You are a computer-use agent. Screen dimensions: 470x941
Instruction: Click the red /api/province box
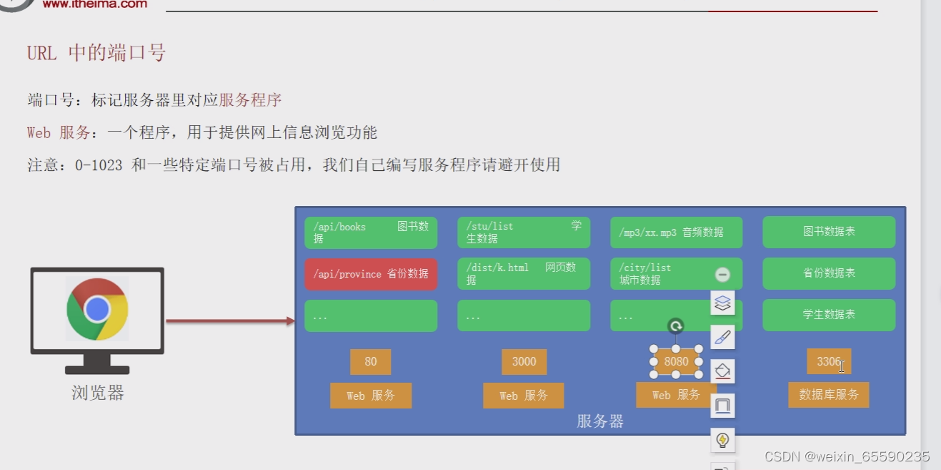click(370, 274)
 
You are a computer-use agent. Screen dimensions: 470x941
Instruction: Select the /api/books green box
click(370, 232)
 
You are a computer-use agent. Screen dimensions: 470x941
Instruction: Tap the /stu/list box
click(523, 232)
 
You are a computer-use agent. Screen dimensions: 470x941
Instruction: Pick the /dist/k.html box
click(523, 274)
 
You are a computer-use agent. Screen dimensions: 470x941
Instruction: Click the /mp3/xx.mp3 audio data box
click(676, 232)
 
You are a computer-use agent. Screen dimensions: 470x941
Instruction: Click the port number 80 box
click(370, 362)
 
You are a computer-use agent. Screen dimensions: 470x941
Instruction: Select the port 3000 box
click(524, 362)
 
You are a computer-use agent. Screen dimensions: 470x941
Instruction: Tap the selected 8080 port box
click(676, 362)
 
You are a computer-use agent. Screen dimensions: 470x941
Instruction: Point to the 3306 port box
click(828, 362)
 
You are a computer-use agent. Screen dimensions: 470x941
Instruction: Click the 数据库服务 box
click(828, 395)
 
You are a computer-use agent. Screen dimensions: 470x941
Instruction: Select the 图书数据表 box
click(828, 232)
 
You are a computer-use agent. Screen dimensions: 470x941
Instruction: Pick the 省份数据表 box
click(828, 274)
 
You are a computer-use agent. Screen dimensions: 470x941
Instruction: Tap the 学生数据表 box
click(828, 315)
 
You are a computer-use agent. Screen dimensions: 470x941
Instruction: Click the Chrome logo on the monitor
click(97, 309)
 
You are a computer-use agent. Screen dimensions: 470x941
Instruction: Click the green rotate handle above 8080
click(675, 327)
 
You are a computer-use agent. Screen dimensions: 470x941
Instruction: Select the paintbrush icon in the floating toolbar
click(722, 337)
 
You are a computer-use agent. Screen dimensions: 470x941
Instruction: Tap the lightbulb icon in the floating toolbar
click(722, 440)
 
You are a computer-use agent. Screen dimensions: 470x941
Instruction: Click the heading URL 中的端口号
click(96, 53)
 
